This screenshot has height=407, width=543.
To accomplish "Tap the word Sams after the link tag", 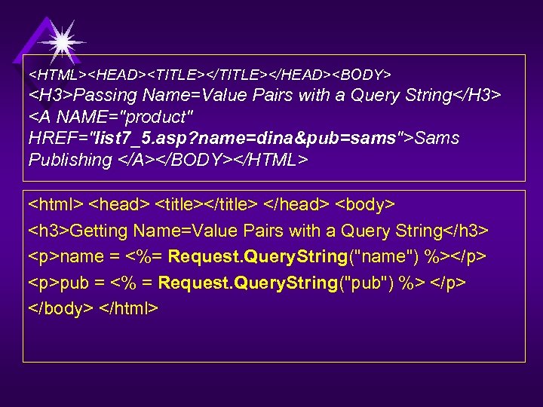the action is (x=437, y=139).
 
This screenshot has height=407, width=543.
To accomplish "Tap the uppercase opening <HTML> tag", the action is (x=57, y=75).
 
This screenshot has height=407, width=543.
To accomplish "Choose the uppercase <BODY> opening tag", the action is (x=362, y=75).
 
